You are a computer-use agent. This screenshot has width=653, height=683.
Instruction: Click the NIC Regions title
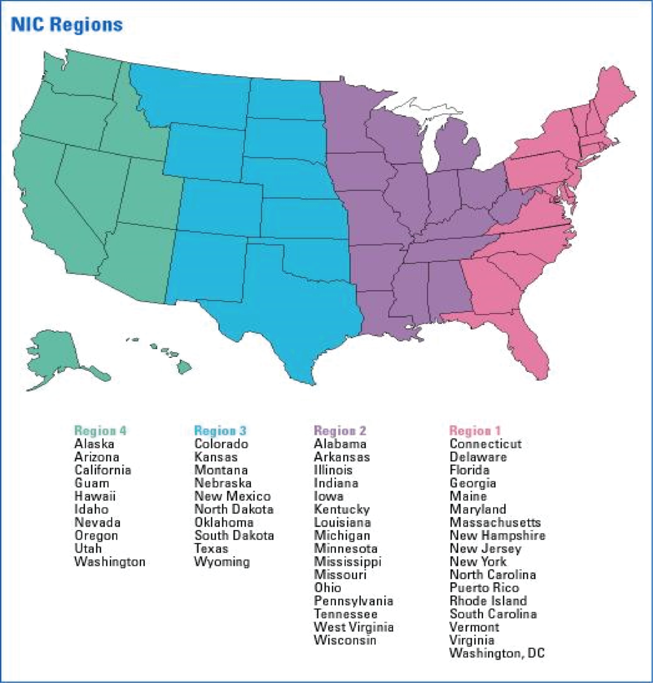(67, 25)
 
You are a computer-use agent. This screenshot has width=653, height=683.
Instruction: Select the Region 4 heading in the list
(101, 431)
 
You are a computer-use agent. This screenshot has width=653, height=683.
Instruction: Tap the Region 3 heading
(220, 431)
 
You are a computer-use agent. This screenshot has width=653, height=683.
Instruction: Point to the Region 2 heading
(340, 431)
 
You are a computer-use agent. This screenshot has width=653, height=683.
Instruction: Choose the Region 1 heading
(475, 431)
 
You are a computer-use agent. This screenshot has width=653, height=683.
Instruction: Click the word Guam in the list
(92, 483)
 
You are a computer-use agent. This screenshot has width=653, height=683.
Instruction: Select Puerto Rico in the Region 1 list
(484, 588)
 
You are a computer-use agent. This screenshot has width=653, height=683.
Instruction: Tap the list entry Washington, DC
(497, 653)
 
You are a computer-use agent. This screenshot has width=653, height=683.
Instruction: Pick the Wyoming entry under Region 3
(222, 562)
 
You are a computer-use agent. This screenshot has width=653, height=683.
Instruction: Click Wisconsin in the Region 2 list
(345, 640)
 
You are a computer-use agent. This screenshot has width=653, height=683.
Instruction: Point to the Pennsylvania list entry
(354, 601)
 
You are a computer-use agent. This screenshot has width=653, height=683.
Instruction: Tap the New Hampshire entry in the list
(497, 535)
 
